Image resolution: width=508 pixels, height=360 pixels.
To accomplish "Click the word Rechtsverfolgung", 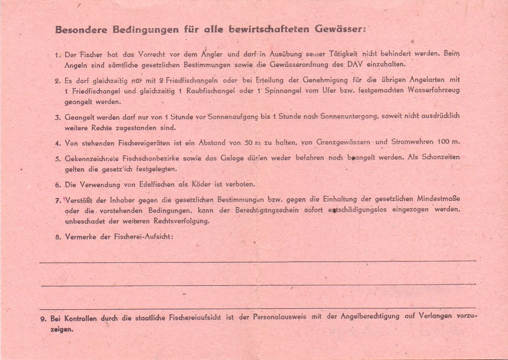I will pos(180,221).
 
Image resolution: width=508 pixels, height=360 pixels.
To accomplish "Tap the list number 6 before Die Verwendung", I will pos(57,185).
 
